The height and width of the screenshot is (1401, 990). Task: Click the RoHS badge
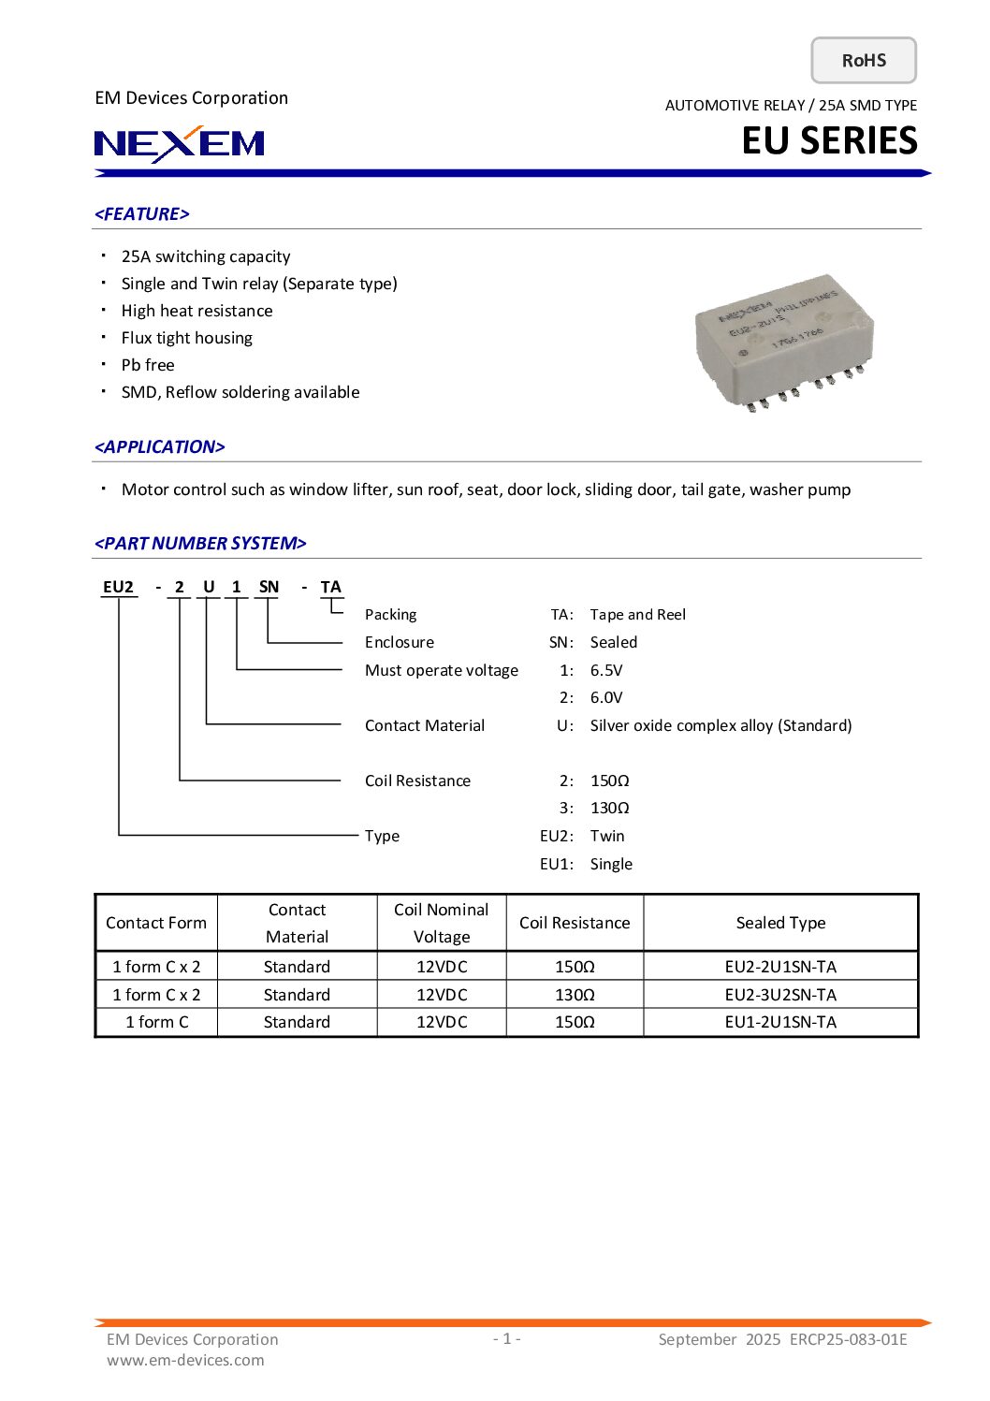point(863,61)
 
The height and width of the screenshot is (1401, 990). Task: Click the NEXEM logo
point(180,143)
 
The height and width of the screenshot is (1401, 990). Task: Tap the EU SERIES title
point(829,140)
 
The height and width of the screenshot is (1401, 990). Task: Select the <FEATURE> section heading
point(142,214)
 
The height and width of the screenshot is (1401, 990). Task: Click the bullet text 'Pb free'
point(148,365)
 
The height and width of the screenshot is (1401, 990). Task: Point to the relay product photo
point(784,342)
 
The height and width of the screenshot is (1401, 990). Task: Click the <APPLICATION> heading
point(160,447)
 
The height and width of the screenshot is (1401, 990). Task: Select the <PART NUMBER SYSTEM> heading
point(200,544)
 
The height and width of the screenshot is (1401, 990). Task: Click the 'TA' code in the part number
point(330,587)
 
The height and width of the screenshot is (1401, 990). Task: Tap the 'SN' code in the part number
point(269,587)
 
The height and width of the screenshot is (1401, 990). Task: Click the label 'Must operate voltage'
point(442,670)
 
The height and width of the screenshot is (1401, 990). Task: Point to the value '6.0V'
point(606,697)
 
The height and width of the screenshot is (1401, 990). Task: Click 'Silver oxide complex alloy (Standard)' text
point(721,725)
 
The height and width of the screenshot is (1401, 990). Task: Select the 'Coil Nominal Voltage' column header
point(442,923)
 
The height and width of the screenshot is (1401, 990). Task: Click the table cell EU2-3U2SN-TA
point(780,995)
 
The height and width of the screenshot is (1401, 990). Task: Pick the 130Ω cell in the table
point(575,995)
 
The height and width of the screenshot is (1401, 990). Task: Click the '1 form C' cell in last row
point(156,1022)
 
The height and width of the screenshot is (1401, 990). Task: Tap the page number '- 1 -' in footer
point(506,1338)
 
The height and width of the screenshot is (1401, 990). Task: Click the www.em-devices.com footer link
point(185,1360)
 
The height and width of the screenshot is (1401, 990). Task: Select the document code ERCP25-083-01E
point(848,1339)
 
